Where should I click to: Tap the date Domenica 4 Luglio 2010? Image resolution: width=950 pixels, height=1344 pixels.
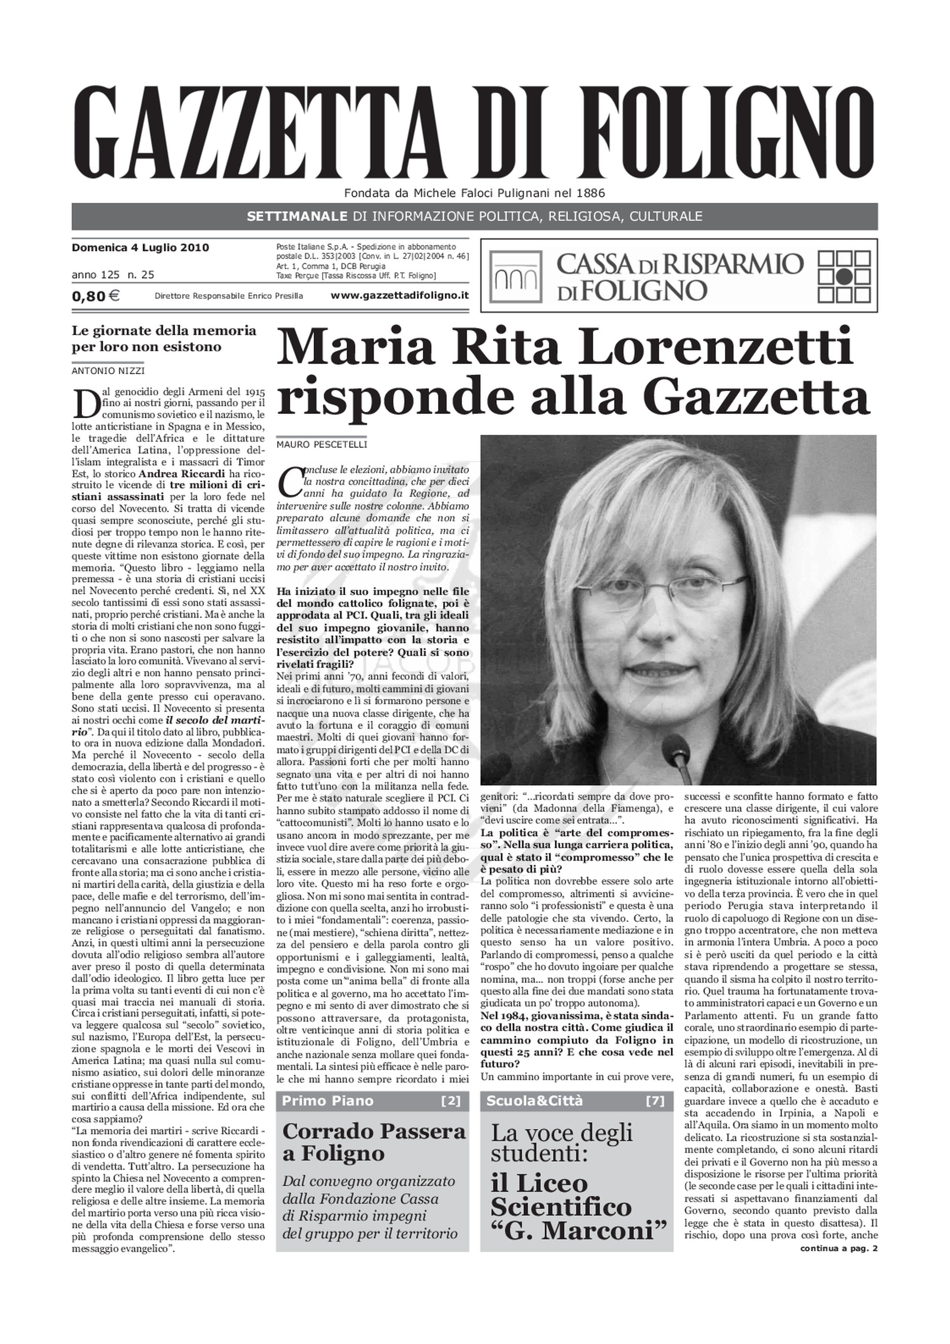[x=140, y=248]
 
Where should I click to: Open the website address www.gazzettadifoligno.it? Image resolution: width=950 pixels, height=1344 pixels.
[x=399, y=296]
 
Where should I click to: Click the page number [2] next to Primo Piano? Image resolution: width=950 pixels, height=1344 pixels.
[x=451, y=1101]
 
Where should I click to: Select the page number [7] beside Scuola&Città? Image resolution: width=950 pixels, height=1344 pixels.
[x=655, y=1101]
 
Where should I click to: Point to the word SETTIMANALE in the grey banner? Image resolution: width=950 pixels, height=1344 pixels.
[x=297, y=217]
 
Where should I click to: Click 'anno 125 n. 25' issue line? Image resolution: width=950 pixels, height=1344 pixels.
[x=113, y=275]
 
